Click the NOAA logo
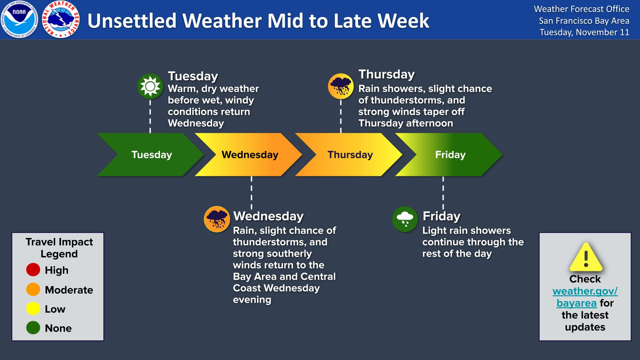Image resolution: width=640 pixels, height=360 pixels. (x=19, y=20)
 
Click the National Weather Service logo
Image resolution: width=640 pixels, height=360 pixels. (x=61, y=20)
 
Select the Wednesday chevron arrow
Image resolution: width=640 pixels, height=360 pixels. (x=250, y=155)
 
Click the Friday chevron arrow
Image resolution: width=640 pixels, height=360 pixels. (x=450, y=155)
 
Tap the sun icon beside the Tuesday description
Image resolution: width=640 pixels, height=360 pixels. (x=150, y=86)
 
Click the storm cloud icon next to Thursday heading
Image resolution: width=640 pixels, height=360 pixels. (x=341, y=86)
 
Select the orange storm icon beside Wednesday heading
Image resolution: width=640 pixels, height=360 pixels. (x=217, y=219)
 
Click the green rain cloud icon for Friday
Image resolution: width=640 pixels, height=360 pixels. (x=405, y=219)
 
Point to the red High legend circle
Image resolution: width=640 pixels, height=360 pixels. (x=33, y=270)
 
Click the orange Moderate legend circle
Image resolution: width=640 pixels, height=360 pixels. (x=33, y=289)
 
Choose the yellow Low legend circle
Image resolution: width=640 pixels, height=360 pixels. (x=33, y=309)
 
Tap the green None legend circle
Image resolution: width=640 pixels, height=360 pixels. (x=33, y=328)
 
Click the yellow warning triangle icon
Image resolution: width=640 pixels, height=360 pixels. (x=586, y=257)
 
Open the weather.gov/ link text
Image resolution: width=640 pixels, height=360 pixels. (x=585, y=291)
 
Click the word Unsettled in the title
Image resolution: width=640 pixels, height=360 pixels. (x=132, y=21)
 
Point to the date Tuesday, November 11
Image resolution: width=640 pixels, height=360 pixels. (x=584, y=32)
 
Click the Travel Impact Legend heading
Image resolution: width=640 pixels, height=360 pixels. (x=59, y=248)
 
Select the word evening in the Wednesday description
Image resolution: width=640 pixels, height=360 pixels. (x=252, y=300)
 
